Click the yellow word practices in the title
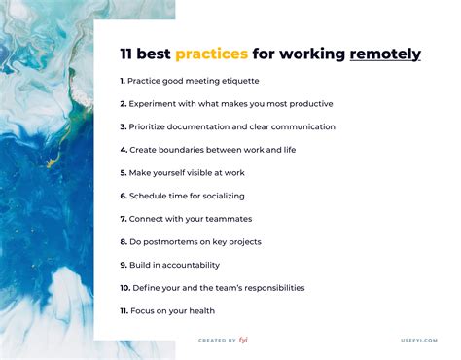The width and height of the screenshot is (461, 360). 211,54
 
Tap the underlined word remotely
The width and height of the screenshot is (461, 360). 385,54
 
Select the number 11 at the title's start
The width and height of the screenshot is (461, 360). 127,54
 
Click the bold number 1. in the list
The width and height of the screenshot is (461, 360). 123,80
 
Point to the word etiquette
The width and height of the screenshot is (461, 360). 238,80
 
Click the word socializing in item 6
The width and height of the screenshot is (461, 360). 223,196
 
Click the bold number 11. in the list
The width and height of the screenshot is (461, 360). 124,310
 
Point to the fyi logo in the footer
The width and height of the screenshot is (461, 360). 246,340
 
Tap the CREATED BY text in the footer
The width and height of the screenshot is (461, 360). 216,341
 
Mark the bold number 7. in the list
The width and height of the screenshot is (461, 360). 123,219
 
